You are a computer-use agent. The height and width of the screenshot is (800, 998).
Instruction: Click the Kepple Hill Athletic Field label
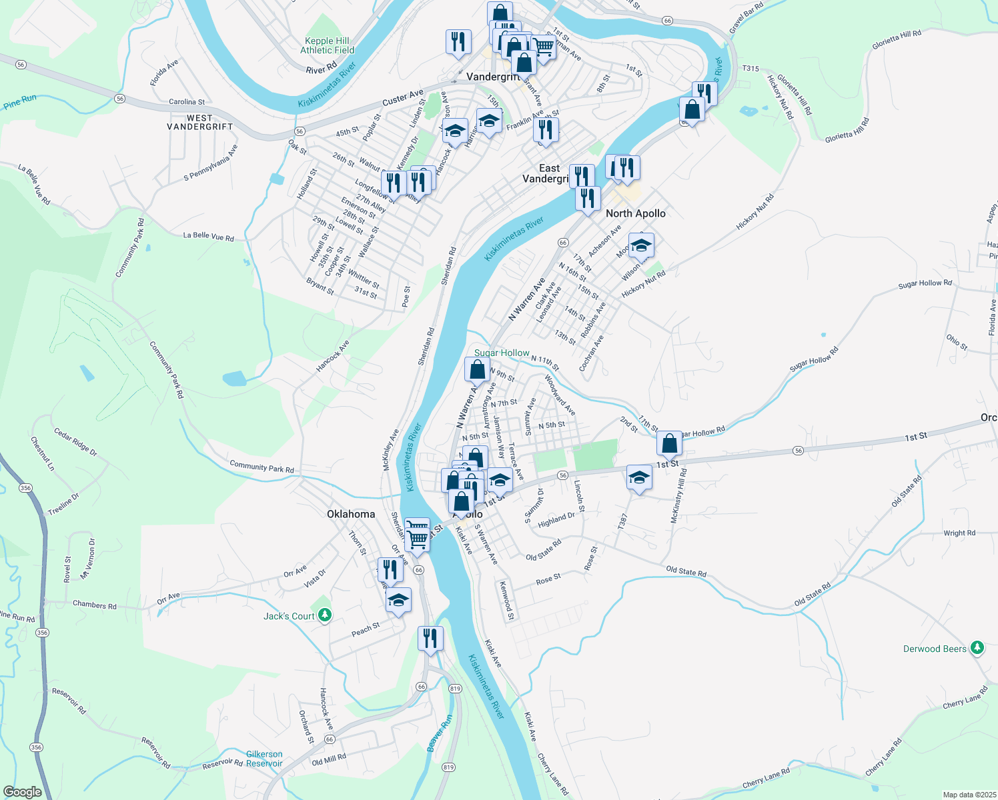point(327,45)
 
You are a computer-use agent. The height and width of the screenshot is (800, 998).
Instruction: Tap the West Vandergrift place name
point(199,122)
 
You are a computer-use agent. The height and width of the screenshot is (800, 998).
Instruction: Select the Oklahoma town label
point(350,514)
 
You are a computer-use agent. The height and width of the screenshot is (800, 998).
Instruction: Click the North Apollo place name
point(635,213)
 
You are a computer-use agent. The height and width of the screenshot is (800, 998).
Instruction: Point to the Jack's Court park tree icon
point(325,615)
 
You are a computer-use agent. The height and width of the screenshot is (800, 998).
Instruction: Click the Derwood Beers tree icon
point(977,647)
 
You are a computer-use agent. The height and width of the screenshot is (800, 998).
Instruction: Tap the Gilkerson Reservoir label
point(264,759)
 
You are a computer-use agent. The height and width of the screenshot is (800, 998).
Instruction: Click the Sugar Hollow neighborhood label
point(502,353)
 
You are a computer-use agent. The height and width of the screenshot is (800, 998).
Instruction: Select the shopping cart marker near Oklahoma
point(417,537)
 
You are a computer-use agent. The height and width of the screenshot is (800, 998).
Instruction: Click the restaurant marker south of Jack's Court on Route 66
point(430,639)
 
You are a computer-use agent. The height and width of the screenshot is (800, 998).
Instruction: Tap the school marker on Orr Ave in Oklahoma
point(398,600)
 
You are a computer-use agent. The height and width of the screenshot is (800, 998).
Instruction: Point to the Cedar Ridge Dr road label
point(75,443)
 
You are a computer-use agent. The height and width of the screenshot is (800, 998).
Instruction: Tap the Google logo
point(23,792)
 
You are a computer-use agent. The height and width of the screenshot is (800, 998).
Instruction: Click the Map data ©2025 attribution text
point(969,795)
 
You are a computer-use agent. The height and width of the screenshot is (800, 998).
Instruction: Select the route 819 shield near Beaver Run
point(448,767)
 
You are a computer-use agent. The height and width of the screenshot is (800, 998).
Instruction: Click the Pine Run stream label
point(19,102)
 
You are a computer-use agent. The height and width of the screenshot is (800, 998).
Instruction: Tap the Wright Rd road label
point(959,533)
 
